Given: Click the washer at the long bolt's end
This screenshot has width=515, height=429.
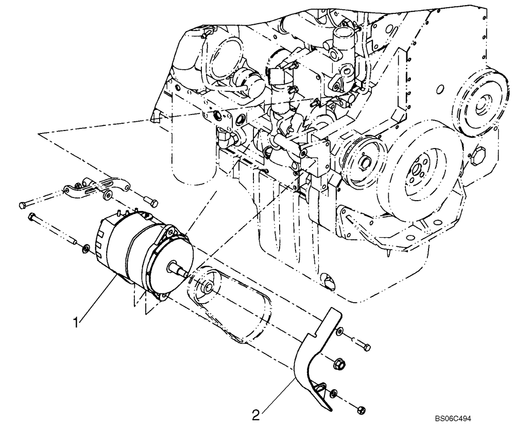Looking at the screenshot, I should point(85,250).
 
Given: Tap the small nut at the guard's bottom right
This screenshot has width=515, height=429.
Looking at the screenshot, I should point(361,410).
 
